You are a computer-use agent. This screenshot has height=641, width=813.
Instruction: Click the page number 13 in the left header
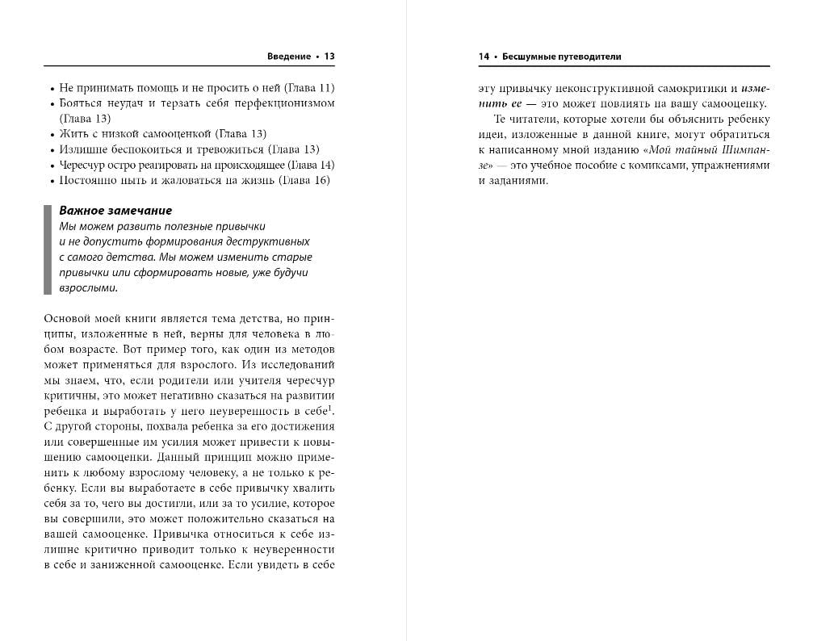[x=329, y=57]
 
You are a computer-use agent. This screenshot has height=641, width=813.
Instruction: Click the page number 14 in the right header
[x=484, y=57]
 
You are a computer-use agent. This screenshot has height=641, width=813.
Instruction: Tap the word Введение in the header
[x=288, y=57]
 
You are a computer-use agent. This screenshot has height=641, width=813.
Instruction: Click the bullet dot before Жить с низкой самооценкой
[x=51, y=134]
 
